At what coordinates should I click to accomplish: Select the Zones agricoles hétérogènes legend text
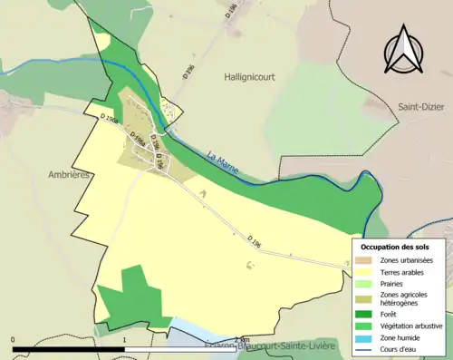[x=406, y=299]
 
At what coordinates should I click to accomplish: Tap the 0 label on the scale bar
[x=14, y=340]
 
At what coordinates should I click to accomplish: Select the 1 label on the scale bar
[x=125, y=340]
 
